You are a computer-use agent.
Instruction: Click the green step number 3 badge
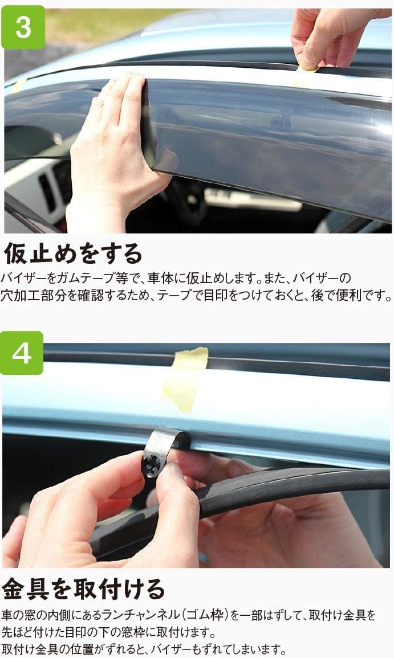point(23,27)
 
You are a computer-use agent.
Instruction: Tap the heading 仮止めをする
point(73,253)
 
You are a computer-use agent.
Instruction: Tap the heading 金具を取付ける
point(83,589)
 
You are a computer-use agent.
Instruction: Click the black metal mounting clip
point(158,453)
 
